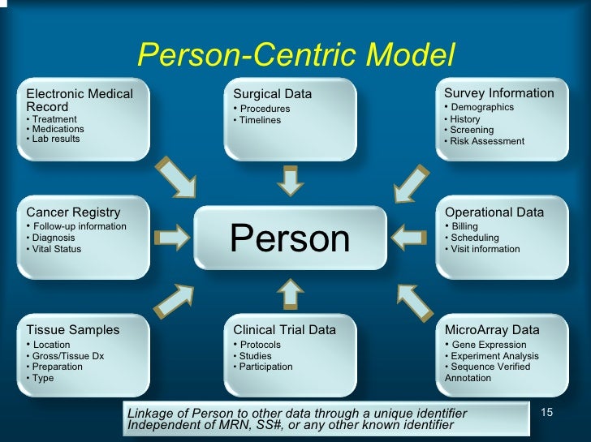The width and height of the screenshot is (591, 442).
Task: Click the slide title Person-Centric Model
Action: click(x=295, y=55)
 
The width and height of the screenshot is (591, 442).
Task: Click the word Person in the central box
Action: click(x=290, y=238)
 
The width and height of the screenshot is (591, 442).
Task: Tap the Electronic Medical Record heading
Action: click(x=79, y=100)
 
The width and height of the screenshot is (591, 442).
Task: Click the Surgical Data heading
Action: click(x=272, y=94)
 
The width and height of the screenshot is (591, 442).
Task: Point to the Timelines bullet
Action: click(x=259, y=120)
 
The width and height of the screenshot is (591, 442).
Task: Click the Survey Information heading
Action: click(x=499, y=93)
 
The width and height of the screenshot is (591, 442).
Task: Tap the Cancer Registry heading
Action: click(x=73, y=212)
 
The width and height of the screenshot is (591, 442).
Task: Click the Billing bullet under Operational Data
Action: click(x=464, y=226)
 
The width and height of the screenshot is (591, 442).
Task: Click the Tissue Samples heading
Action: click(x=72, y=330)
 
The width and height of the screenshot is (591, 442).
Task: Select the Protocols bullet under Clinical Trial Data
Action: click(x=260, y=345)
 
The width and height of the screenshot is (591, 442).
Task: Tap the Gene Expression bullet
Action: click(x=489, y=345)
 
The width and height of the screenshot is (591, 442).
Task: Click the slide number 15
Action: click(x=546, y=413)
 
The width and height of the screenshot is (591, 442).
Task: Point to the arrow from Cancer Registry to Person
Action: click(x=170, y=238)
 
